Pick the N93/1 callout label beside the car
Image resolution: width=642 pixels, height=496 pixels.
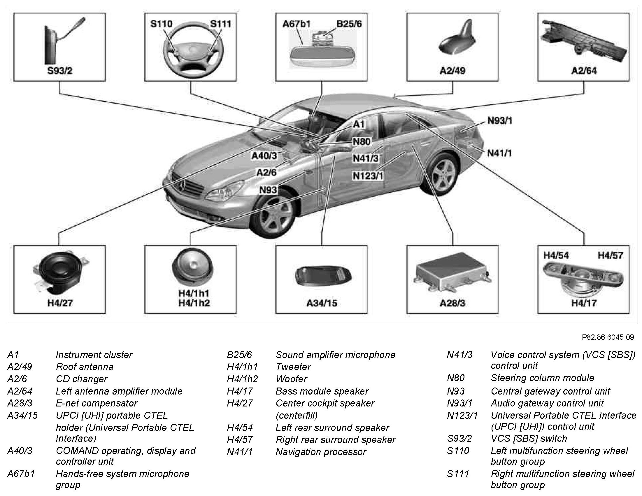pos(500,121)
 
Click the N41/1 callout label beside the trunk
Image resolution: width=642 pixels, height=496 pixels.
pos(499,153)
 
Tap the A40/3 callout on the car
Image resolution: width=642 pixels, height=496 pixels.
pos(264,156)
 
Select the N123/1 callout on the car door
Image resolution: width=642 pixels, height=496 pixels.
pos(368,176)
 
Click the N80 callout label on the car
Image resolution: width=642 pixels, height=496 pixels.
pos(362,142)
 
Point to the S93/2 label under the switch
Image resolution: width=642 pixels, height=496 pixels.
pos(60,71)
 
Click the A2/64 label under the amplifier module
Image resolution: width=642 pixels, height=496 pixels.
pos(584,71)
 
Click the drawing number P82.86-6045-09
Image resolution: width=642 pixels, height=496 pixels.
pos(608,337)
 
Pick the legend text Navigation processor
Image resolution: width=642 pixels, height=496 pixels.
pos(321,452)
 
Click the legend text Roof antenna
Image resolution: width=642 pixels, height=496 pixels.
pos(84,367)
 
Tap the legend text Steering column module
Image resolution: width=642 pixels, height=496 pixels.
pos(542,378)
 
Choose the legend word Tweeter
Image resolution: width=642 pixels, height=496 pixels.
pos(293,367)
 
